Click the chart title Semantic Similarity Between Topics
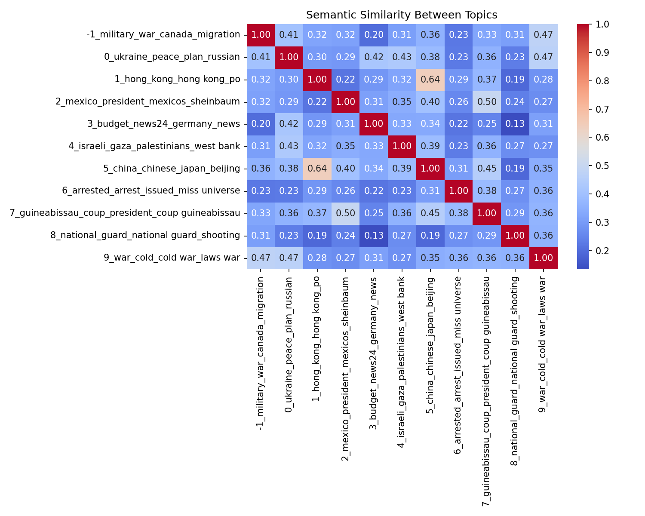[402, 15]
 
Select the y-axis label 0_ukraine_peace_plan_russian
[172, 57]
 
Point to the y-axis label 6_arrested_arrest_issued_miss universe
[151, 190]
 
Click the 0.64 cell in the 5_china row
[317, 169]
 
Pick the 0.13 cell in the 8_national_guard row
[374, 235]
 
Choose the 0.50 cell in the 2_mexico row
[487, 101]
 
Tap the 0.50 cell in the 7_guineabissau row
[345, 213]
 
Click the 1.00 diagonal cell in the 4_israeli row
[402, 146]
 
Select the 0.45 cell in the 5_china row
[487, 169]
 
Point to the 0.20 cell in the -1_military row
[374, 35]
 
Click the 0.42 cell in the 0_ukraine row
[374, 57]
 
